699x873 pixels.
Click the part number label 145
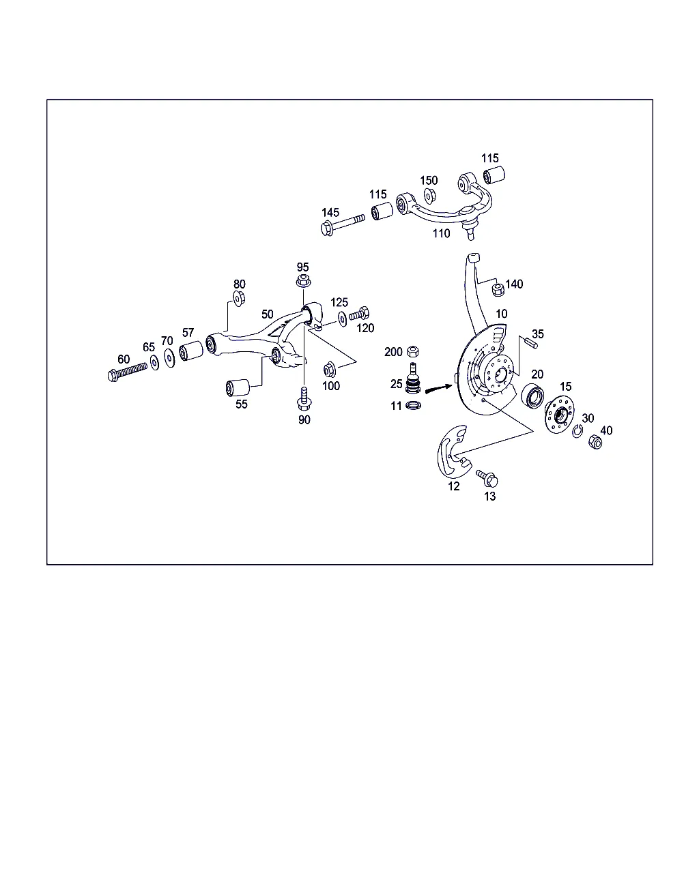(x=330, y=213)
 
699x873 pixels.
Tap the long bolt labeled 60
(x=128, y=372)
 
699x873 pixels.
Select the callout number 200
(x=393, y=352)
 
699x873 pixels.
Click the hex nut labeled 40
(x=595, y=442)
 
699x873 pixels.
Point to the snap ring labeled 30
(x=577, y=431)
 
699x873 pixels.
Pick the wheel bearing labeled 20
(x=532, y=396)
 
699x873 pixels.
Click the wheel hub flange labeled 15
(x=560, y=414)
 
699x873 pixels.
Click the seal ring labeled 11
(x=414, y=405)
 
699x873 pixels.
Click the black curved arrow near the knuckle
(x=439, y=389)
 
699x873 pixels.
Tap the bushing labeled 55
(x=238, y=388)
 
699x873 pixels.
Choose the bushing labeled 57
(x=191, y=351)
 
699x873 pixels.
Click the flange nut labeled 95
(x=303, y=280)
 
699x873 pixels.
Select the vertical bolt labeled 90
(x=304, y=399)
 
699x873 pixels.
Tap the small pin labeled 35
(x=530, y=342)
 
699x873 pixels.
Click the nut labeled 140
(x=498, y=289)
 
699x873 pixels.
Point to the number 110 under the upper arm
(x=441, y=234)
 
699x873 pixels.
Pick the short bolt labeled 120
(x=359, y=314)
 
